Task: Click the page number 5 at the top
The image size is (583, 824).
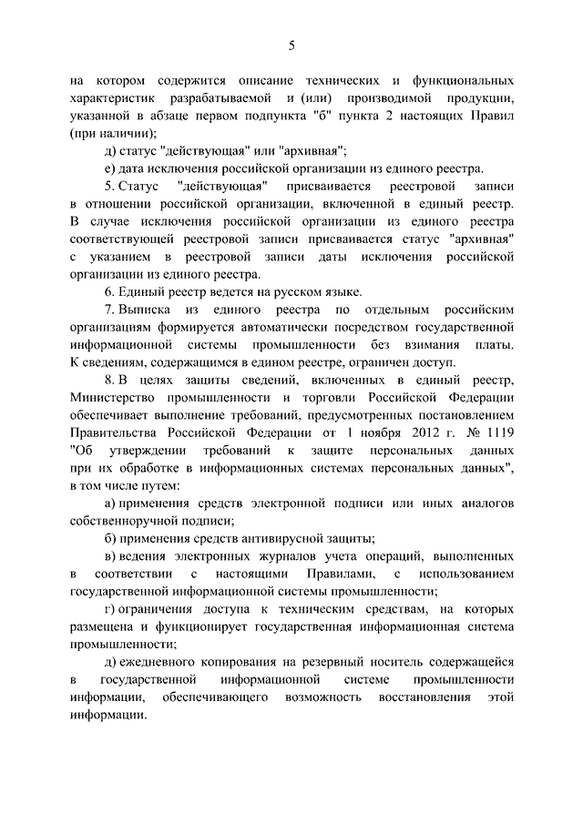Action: [x=291, y=46]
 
